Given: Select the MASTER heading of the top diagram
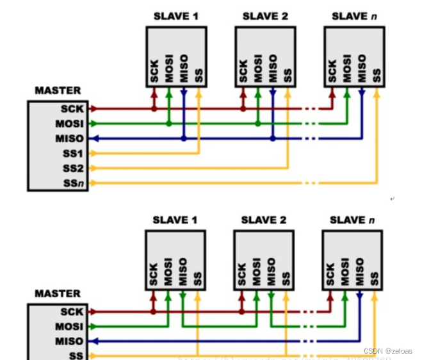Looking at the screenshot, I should click(x=58, y=91).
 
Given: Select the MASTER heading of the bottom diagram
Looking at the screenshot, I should click(x=58, y=294).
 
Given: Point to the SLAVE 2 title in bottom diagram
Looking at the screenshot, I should click(x=263, y=220).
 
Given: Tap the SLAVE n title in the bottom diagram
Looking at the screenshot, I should click(x=352, y=220).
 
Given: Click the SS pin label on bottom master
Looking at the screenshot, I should click(x=77, y=356).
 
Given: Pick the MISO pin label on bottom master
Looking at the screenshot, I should click(x=70, y=341).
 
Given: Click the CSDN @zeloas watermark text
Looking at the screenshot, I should click(x=391, y=351).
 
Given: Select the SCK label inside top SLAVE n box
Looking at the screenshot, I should click(x=332, y=72).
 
